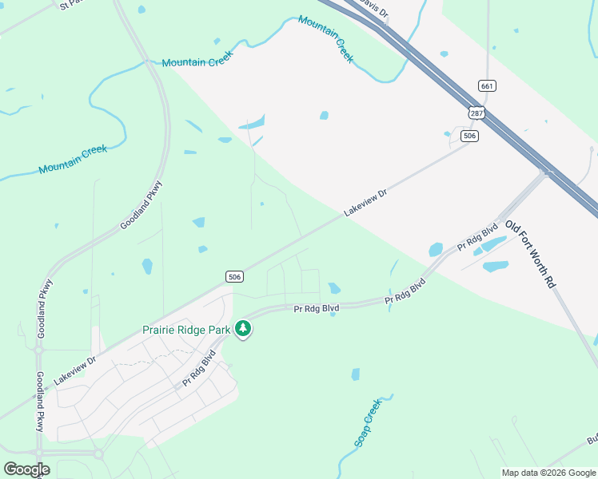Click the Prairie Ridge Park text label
[x=186, y=330]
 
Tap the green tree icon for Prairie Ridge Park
[x=243, y=328]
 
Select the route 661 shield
[x=487, y=85]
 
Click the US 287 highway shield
[x=477, y=113]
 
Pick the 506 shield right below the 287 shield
[x=470, y=137]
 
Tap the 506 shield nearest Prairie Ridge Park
[x=234, y=276]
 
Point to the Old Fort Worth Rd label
[x=529, y=253]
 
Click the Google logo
[x=26, y=469]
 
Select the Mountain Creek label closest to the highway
[x=325, y=38]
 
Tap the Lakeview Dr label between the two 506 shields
[x=365, y=202]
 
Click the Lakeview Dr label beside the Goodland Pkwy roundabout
[x=74, y=369]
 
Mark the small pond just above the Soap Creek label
[x=356, y=374]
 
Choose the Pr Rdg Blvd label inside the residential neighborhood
[x=199, y=368]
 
